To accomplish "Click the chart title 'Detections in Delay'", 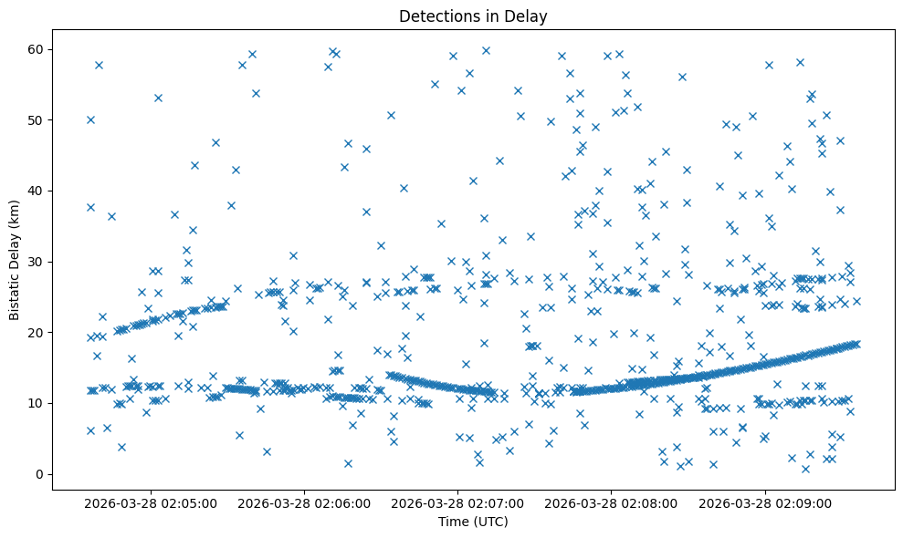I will [x=473, y=16].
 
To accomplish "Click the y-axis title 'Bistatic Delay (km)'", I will [x=15, y=260].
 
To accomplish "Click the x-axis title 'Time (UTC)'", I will [x=473, y=522].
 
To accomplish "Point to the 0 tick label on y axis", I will [x=38, y=474].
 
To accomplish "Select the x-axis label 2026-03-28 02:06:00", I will [x=305, y=502].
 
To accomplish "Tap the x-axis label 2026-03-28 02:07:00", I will [x=458, y=502].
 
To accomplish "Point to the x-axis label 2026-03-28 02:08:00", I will [x=612, y=502].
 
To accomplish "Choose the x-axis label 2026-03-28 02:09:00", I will [x=765, y=502].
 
